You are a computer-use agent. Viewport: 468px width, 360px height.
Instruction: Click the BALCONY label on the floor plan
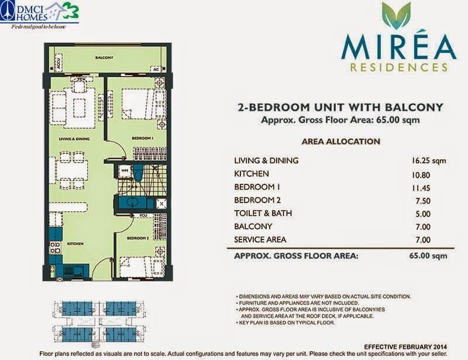(x=105, y=58)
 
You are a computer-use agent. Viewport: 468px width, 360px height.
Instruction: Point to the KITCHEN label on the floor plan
(x=75, y=243)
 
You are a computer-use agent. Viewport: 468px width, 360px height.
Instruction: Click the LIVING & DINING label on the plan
(x=73, y=139)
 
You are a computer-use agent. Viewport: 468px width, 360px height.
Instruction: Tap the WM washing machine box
(x=124, y=171)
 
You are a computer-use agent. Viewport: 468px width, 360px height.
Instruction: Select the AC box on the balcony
(x=156, y=69)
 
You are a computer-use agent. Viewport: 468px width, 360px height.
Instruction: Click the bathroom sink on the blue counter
(x=133, y=203)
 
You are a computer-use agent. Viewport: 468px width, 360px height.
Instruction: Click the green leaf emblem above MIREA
(x=396, y=16)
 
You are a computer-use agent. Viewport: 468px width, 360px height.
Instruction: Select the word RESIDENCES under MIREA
(x=400, y=67)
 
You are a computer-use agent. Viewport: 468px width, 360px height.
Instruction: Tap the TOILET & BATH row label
(x=263, y=214)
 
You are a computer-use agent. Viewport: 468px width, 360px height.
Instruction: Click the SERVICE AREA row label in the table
(x=260, y=240)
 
